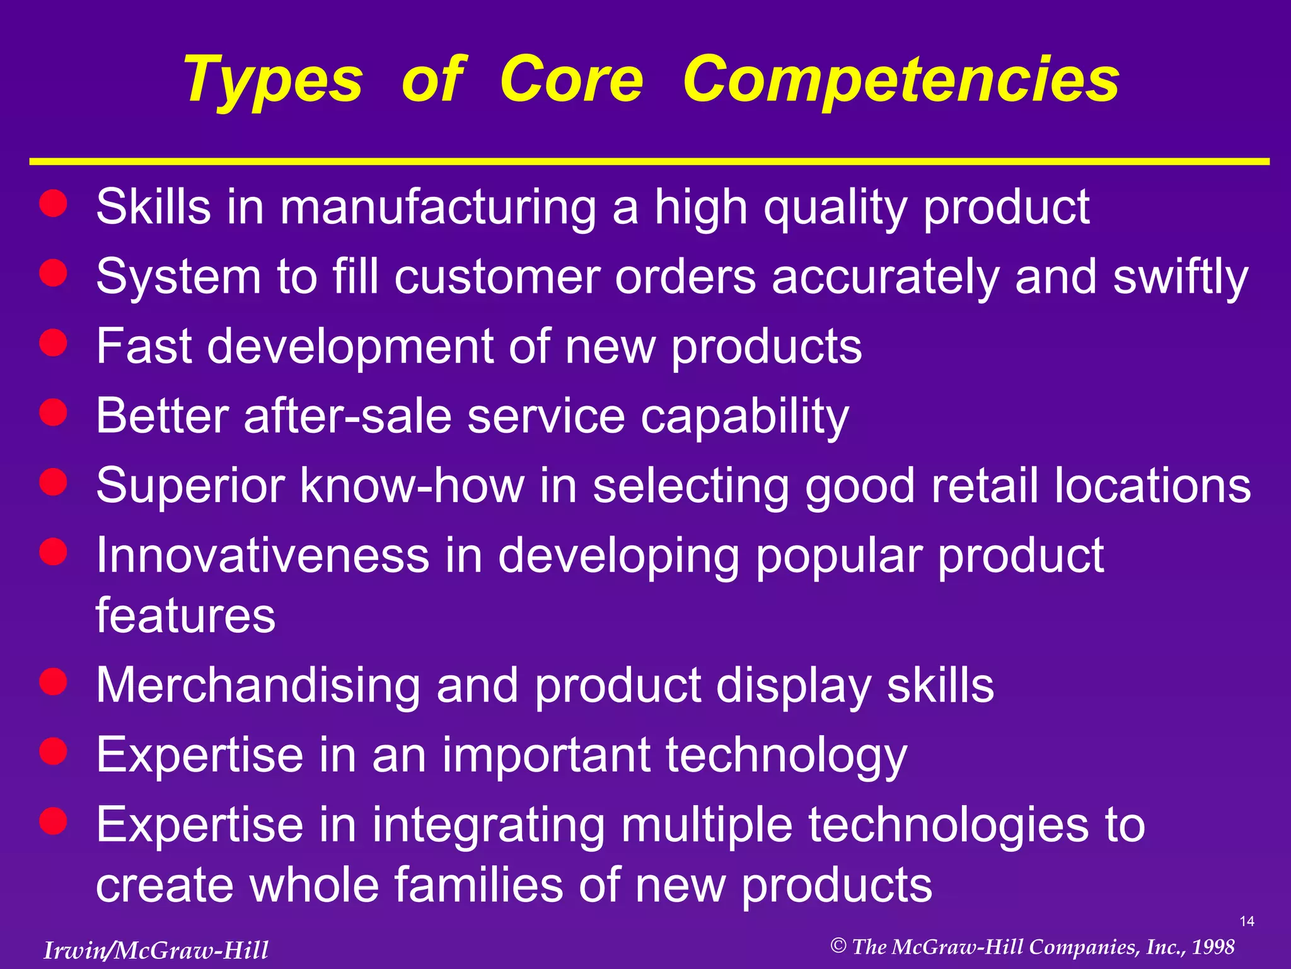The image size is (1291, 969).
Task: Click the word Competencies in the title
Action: (901, 81)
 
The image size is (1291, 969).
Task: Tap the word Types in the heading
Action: (273, 81)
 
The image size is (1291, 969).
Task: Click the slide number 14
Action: (1247, 922)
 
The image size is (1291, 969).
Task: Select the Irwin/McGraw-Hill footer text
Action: (156, 950)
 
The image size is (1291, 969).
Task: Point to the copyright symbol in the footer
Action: (838, 946)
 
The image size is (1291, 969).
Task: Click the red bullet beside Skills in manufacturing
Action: (53, 204)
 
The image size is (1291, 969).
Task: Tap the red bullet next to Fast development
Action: (53, 343)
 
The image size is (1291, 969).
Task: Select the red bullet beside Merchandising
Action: (53, 682)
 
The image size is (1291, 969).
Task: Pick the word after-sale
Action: (347, 416)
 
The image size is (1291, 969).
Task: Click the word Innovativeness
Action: (262, 555)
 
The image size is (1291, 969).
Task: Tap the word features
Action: (185, 615)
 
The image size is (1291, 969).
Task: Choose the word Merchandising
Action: (258, 686)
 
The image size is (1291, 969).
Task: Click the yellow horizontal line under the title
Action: (649, 162)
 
